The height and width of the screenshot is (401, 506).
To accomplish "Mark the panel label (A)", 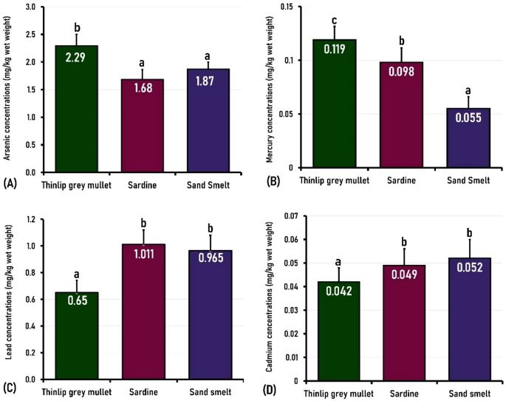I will (10, 181).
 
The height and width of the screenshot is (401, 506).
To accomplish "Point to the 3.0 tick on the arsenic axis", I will (31, 7).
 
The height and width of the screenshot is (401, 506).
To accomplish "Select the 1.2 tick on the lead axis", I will (31, 219).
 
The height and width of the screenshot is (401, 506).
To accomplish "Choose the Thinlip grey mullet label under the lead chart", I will (76, 391).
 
